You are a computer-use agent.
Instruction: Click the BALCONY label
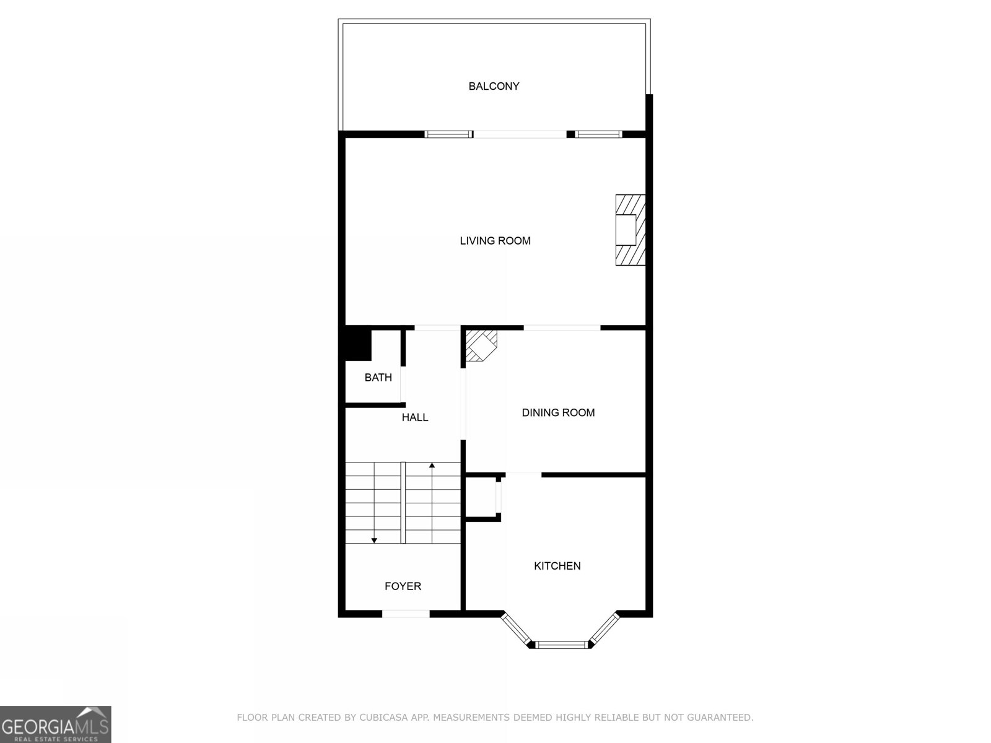[x=494, y=86]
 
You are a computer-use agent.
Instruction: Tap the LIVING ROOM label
[x=495, y=241]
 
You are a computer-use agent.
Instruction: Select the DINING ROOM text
[x=558, y=412]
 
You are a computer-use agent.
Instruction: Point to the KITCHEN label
[x=557, y=566]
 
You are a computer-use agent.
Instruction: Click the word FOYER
[x=403, y=586]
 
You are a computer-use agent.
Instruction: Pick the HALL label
[x=415, y=417]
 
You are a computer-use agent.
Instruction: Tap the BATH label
[x=378, y=377]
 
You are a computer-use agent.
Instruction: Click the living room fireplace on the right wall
[x=631, y=230]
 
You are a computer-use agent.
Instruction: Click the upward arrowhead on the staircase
[x=432, y=464]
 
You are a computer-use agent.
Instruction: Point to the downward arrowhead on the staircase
[x=374, y=541]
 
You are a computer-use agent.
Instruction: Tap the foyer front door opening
[x=406, y=614]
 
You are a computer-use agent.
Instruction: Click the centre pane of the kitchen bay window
[x=562, y=645]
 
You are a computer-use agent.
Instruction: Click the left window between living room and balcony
[x=448, y=134]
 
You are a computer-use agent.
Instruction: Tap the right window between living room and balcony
[x=598, y=134]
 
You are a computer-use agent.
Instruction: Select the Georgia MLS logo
[x=56, y=724]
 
